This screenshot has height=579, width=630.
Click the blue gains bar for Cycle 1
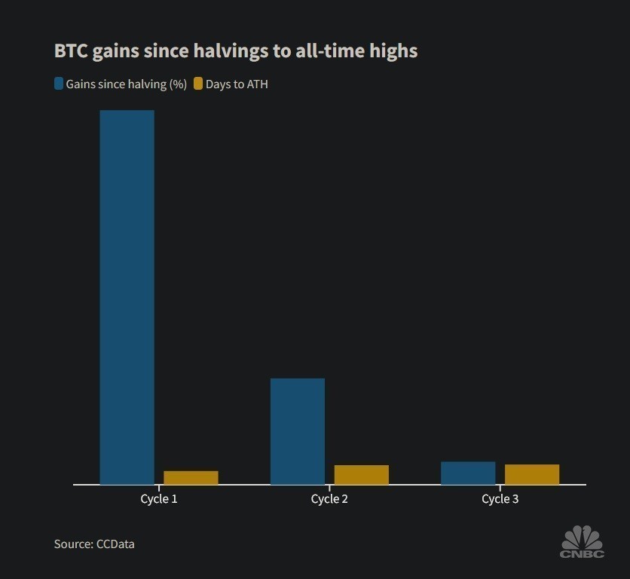(127, 297)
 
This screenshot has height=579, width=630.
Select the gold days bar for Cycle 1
(191, 477)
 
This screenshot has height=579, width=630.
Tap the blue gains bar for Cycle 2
(298, 431)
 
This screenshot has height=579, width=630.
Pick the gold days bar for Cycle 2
(362, 474)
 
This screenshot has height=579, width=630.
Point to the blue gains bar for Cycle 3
(468, 473)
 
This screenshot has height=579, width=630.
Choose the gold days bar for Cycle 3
(532, 474)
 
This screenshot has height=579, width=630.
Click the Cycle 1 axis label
(159, 499)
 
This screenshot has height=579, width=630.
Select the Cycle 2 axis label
(329, 499)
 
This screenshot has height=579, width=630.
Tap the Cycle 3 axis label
(500, 499)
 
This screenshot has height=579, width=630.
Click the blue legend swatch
(59, 84)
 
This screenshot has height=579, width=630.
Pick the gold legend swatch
(198, 84)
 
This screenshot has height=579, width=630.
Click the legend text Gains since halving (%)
(126, 84)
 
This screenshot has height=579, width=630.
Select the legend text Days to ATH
(237, 84)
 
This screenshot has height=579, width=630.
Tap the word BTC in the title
(71, 51)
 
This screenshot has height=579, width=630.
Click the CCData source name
(115, 544)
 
